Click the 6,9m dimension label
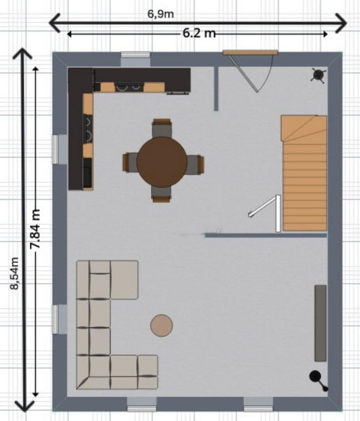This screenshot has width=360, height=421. pyautogui.click(x=161, y=14)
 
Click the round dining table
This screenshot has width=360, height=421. pyautogui.click(x=162, y=162)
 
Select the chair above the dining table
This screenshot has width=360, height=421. pyautogui.click(x=162, y=127)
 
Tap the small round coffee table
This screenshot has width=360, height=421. pyautogui.click(x=161, y=325)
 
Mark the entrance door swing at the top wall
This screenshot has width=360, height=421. pyautogui.click(x=249, y=72)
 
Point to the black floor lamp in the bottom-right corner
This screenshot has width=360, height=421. pyautogui.click(x=316, y=377)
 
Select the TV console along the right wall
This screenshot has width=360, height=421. pyautogui.click(x=320, y=323)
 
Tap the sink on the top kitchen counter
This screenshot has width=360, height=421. pyautogui.click(x=129, y=87)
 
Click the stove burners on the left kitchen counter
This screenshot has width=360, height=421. pyautogui.click(x=88, y=129)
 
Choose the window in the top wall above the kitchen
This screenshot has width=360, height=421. pyautogui.click(x=135, y=59)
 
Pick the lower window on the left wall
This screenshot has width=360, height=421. pyautogui.click(x=60, y=319)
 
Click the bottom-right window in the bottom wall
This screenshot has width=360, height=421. pyautogui.click(x=258, y=404)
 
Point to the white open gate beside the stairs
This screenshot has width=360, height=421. pyautogui.click(x=269, y=210)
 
